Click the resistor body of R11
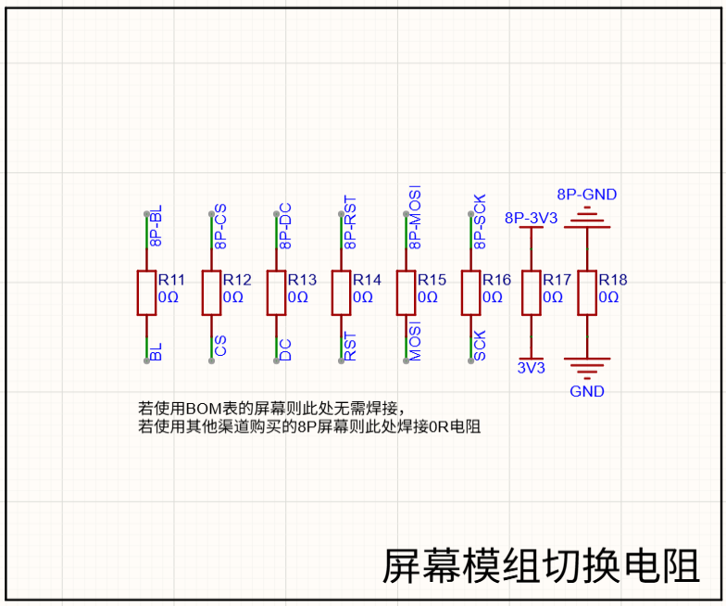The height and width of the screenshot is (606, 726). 146,293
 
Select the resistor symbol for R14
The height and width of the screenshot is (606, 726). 341,293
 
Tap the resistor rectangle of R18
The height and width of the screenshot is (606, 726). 587,293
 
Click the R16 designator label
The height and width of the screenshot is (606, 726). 496,280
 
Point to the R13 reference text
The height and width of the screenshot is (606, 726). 302,280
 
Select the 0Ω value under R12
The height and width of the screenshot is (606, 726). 233,297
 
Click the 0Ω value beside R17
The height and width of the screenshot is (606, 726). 553,297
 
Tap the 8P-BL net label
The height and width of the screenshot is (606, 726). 156,226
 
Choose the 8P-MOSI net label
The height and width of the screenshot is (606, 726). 415,217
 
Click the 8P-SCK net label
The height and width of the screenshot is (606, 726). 480,221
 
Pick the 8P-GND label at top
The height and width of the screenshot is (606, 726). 587,195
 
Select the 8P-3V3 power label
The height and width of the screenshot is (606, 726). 532,218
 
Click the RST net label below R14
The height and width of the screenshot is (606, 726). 350,347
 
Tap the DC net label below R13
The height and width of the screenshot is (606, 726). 285,350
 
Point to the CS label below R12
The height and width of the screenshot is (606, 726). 220,347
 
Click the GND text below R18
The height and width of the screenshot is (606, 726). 587,391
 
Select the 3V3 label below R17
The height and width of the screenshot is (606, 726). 532,368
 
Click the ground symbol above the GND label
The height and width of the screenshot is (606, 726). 587,368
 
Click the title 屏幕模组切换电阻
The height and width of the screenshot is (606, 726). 541,566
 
